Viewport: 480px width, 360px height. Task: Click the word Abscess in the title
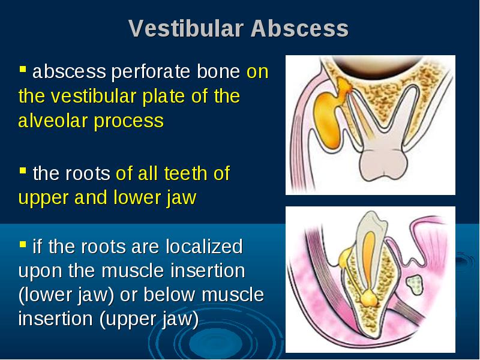[x=299, y=28]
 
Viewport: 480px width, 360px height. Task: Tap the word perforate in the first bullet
[x=151, y=72]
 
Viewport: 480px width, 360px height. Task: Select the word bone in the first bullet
[x=218, y=71]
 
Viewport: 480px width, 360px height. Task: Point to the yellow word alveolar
[x=53, y=121]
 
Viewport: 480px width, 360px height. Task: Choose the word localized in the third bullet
[x=204, y=246]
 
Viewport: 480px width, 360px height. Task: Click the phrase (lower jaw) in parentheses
[x=67, y=295]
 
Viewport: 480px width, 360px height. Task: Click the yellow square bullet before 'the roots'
[x=23, y=170]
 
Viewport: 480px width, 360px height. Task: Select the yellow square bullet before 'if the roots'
[x=23, y=244]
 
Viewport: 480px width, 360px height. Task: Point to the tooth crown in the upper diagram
[x=383, y=164]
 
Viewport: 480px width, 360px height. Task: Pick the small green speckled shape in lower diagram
[x=415, y=284]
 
